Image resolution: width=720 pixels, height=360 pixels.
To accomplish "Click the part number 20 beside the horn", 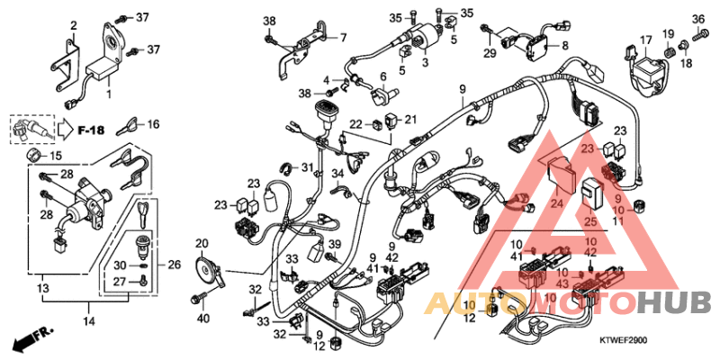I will click(201, 243).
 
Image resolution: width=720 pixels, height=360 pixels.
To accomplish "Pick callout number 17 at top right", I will click(645, 39).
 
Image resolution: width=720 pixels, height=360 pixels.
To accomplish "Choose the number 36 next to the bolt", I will click(697, 19).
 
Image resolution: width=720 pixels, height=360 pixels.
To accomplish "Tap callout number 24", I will click(555, 203).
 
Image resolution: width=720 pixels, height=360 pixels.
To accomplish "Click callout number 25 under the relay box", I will click(591, 220).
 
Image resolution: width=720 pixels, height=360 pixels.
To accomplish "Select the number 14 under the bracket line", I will click(88, 320).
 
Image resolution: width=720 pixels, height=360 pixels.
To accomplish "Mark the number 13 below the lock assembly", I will click(42, 288).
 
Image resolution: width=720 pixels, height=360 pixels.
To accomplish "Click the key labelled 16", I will click(133, 124).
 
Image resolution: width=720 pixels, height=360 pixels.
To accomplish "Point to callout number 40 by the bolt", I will click(202, 318).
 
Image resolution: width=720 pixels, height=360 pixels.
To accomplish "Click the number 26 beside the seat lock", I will click(175, 264).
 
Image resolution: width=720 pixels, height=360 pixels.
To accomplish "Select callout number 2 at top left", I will click(74, 24).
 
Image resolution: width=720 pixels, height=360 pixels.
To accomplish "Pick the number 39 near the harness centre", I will click(334, 245).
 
